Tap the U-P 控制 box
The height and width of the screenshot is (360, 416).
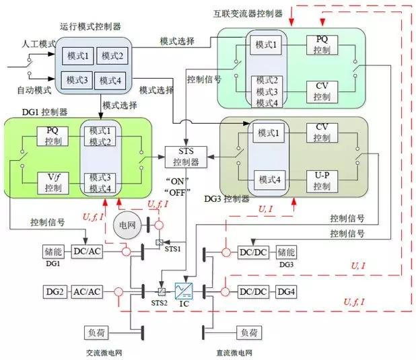point(321,180)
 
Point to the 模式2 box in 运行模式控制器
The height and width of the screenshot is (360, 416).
point(110,55)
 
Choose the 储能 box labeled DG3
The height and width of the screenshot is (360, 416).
point(286,252)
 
